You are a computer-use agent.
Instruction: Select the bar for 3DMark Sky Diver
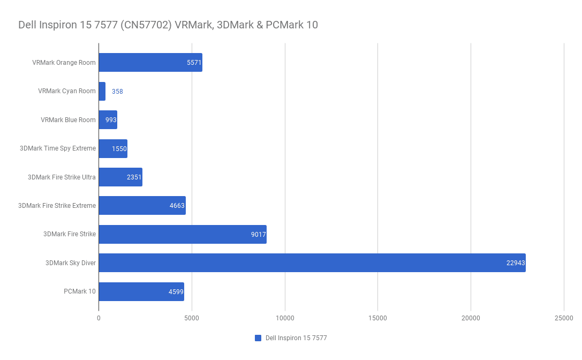pyautogui.click(x=312, y=262)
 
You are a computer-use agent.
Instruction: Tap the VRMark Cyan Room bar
pyautogui.click(x=102, y=91)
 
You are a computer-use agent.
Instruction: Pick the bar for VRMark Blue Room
pyautogui.click(x=108, y=119)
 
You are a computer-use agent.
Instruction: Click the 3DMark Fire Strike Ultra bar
pyautogui.click(x=120, y=177)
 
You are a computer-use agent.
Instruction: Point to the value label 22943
pyautogui.click(x=515, y=262)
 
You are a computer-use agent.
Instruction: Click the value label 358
pyautogui.click(x=117, y=92)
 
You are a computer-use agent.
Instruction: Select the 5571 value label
pyautogui.click(x=194, y=63)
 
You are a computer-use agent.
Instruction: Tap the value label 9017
pyautogui.click(x=258, y=234)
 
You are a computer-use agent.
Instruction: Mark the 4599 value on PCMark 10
pyautogui.click(x=176, y=291)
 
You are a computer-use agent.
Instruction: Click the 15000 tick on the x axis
pyautogui.click(x=377, y=318)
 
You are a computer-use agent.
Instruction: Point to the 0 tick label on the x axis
pyautogui.click(x=99, y=318)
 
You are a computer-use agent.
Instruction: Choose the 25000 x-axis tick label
pyautogui.click(x=564, y=318)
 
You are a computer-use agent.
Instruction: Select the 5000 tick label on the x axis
pyautogui.click(x=192, y=318)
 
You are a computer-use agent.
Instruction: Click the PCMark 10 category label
pyautogui.click(x=79, y=291)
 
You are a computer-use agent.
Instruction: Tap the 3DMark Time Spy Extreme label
pyautogui.click(x=58, y=148)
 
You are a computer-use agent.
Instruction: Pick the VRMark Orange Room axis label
pyautogui.click(x=64, y=63)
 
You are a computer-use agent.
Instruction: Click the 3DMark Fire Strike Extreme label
pyautogui.click(x=57, y=206)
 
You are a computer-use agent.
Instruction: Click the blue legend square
pyautogui.click(x=258, y=338)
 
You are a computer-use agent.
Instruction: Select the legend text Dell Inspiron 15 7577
pyautogui.click(x=296, y=338)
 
